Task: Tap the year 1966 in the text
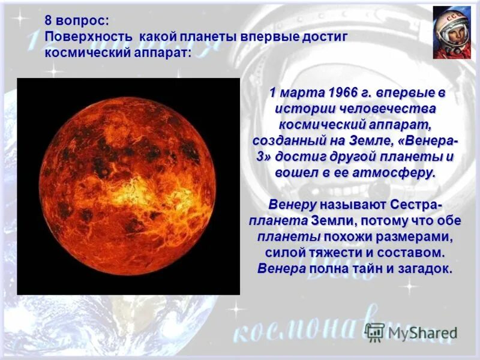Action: (x=343, y=93)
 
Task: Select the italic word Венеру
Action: (x=292, y=205)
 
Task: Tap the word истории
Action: (x=303, y=109)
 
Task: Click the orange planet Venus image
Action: (x=127, y=186)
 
